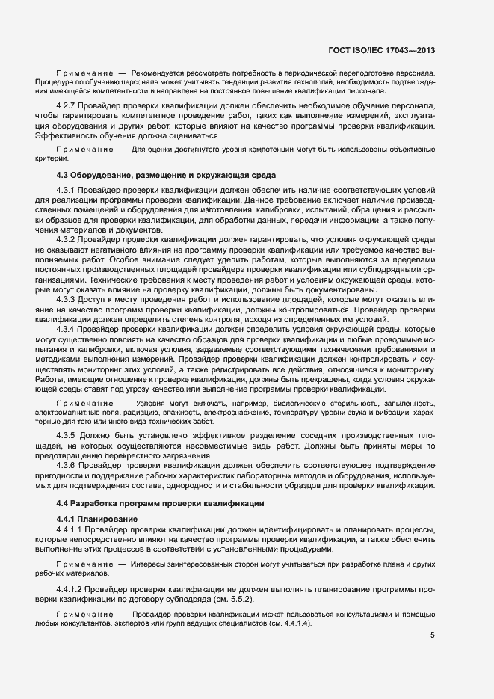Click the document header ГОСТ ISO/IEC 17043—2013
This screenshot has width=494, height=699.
(381, 51)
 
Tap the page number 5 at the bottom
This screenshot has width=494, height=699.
(432, 636)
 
